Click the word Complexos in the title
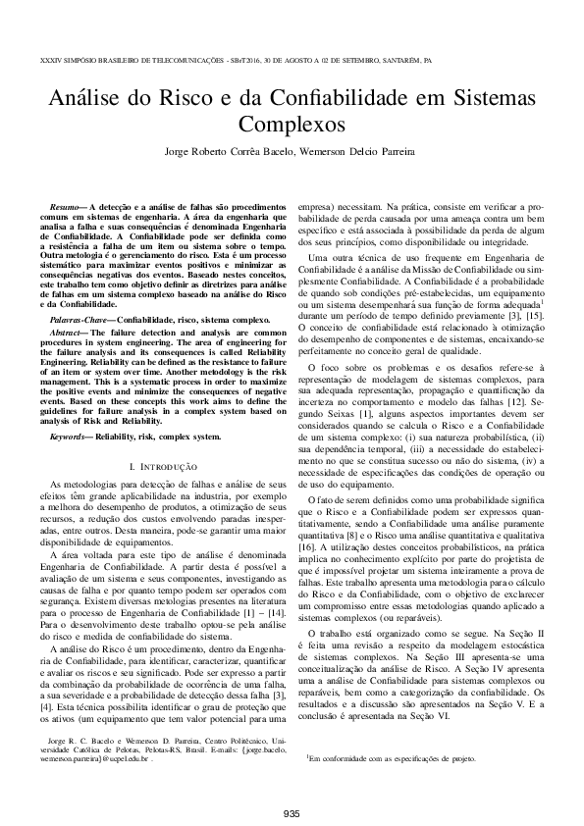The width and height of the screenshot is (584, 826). click(292, 126)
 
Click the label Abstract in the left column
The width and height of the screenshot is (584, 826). click(69, 334)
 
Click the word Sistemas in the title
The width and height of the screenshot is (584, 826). click(493, 98)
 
